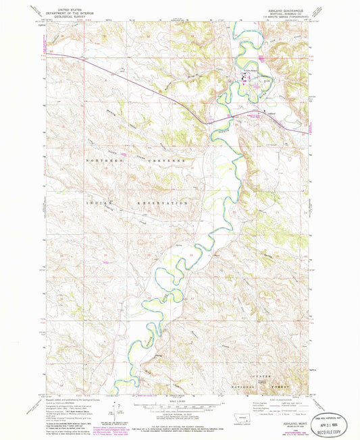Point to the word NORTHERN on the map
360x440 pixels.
click(x=102, y=162)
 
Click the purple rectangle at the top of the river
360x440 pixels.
click(x=261, y=59)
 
